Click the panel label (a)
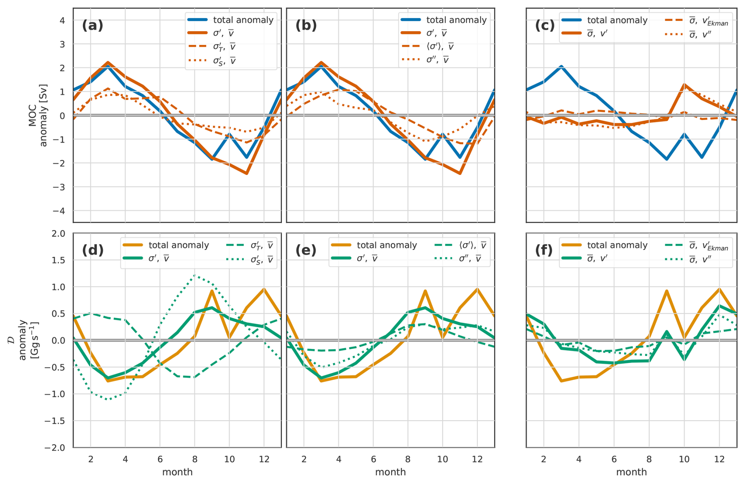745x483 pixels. (93, 26)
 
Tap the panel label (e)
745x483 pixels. (306, 251)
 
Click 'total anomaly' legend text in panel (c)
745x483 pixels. (617, 20)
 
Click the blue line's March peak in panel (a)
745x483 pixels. (108, 66)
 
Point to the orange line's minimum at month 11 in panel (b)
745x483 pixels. (460, 173)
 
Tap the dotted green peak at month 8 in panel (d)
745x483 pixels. (195, 275)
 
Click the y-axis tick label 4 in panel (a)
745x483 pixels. (62, 20)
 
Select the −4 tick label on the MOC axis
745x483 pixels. (59, 211)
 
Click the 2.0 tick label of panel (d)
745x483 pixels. (58, 234)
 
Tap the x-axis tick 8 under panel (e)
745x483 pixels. (408, 459)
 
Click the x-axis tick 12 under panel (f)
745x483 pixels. (719, 459)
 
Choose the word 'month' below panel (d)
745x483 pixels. (177, 472)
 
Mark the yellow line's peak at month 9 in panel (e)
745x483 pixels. (425, 291)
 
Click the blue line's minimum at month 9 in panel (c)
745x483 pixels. (667, 159)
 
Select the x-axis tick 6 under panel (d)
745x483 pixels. (160, 459)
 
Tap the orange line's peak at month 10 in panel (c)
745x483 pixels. (684, 85)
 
